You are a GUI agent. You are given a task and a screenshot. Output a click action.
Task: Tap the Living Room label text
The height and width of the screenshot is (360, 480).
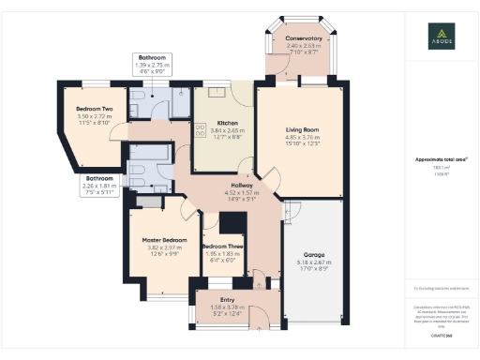[303, 130]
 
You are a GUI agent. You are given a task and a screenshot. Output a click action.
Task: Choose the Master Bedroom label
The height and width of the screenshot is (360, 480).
[164, 240]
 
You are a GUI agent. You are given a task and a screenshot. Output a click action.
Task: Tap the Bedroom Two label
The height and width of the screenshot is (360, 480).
[94, 109]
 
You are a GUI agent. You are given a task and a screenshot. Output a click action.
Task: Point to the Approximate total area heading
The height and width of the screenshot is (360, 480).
[441, 159]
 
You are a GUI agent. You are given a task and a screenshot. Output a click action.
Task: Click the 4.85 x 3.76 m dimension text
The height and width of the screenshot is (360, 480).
[303, 138]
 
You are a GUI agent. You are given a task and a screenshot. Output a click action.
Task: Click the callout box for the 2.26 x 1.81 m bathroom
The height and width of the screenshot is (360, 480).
[100, 184]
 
